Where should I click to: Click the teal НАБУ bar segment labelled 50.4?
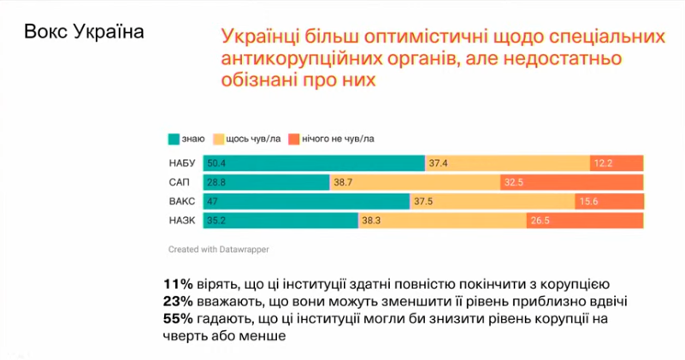(x=314, y=162)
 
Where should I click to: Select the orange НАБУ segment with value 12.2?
(x=616, y=162)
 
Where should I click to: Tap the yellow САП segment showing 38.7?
(x=415, y=182)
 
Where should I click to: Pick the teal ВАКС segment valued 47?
(x=306, y=202)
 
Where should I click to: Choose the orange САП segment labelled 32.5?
(x=571, y=182)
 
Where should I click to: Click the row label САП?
(x=180, y=182)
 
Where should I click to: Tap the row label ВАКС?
(x=181, y=202)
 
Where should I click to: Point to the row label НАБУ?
(x=181, y=162)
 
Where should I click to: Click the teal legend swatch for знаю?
(x=174, y=138)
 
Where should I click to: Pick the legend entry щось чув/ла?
(x=251, y=138)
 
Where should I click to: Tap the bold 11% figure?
(x=176, y=283)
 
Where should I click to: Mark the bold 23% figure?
(x=176, y=300)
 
